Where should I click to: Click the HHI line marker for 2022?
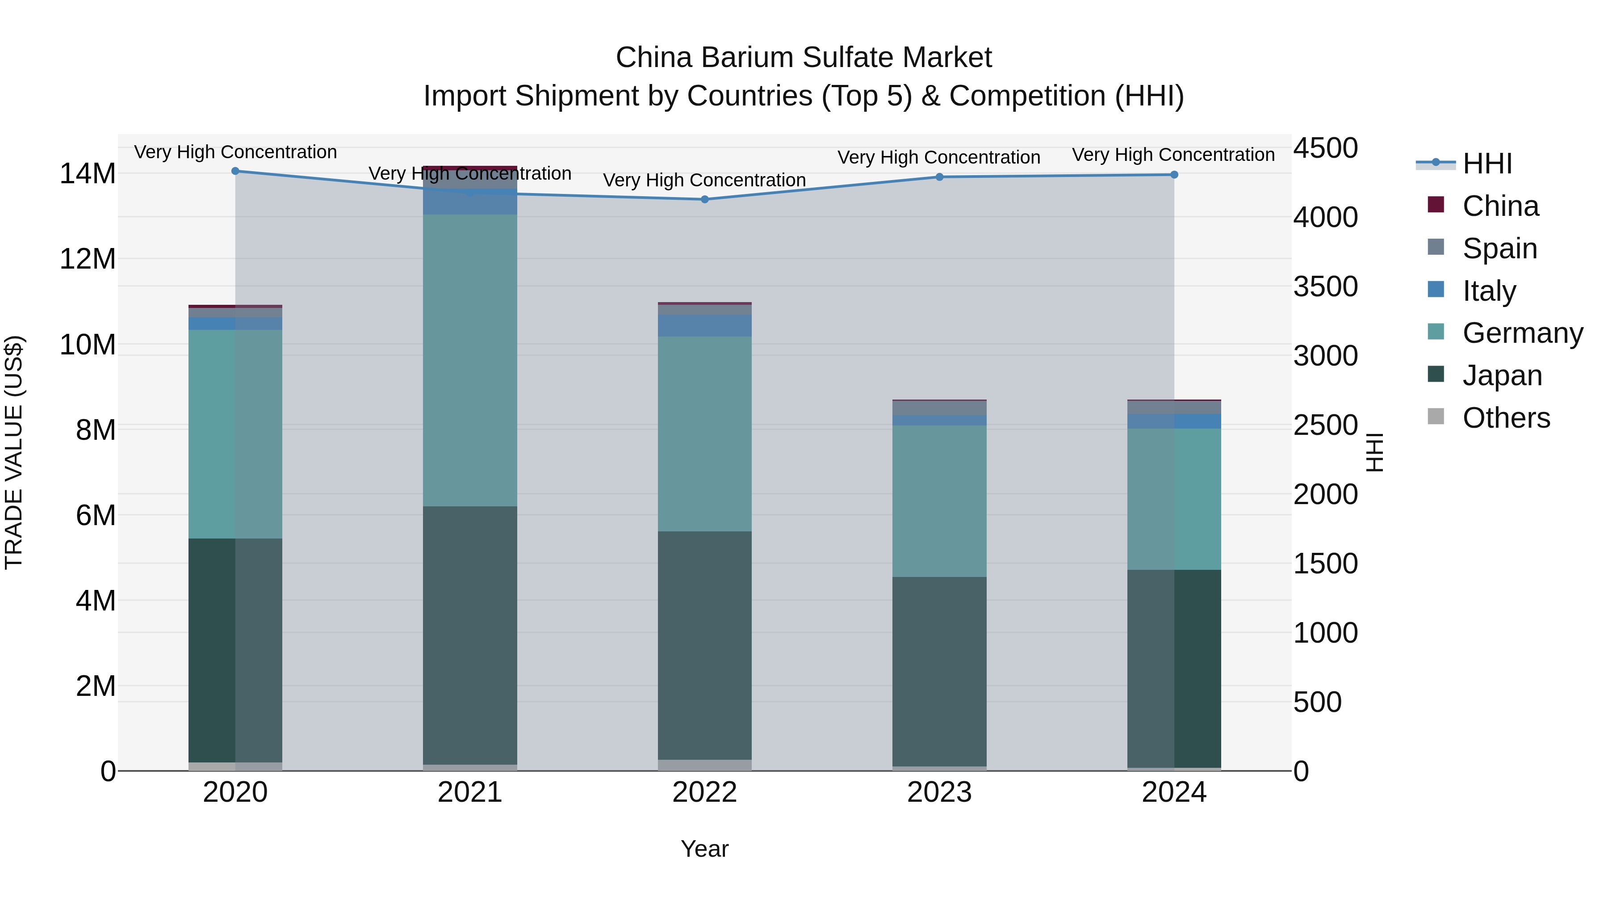(x=705, y=199)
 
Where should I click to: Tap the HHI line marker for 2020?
(x=235, y=171)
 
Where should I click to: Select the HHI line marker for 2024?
(x=1174, y=175)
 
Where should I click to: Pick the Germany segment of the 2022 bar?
(x=705, y=434)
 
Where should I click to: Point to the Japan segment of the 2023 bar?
(x=939, y=671)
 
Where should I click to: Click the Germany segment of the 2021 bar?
(x=470, y=360)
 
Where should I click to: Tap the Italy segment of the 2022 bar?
(x=705, y=325)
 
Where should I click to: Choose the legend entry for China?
(x=1500, y=206)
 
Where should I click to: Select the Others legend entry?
(x=1506, y=418)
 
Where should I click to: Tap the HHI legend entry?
(x=1487, y=164)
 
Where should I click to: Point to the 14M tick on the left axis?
(x=88, y=174)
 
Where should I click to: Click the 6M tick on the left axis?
(x=96, y=515)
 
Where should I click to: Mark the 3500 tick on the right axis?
(x=1325, y=286)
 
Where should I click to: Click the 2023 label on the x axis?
(x=939, y=792)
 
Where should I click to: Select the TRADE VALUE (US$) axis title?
(x=14, y=452)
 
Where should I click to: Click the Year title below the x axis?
(x=705, y=849)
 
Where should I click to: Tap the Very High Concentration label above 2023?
(x=939, y=157)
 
